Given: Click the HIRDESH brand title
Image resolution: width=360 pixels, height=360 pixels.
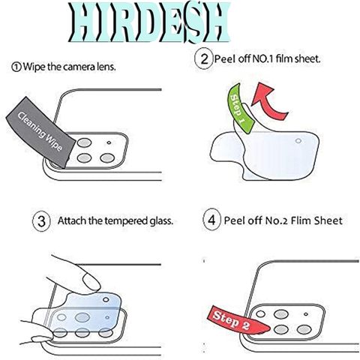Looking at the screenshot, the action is coord(150,23).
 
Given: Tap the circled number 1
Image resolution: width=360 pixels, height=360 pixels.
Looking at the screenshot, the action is coord(16,67).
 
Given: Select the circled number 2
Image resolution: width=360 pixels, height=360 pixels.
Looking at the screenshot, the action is coord(204,59).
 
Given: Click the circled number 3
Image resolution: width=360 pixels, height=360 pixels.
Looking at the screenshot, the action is coord(42,221).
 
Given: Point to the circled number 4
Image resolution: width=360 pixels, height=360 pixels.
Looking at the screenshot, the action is coord(211,220).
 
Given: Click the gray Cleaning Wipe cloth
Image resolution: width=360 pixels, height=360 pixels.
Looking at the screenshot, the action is coord(41,132).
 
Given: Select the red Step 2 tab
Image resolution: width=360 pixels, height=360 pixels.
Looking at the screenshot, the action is coord(237,319).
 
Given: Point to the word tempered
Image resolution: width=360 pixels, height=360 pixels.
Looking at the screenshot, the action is coord(126,220).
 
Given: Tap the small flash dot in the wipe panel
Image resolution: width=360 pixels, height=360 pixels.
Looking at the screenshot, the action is coord(109,142).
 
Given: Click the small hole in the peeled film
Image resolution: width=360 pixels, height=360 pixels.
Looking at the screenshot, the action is coord(298,141).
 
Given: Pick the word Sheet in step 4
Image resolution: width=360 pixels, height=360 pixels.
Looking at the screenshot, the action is coord(328,220).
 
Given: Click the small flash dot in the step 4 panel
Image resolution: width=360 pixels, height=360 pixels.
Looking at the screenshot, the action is coord(306,314).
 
